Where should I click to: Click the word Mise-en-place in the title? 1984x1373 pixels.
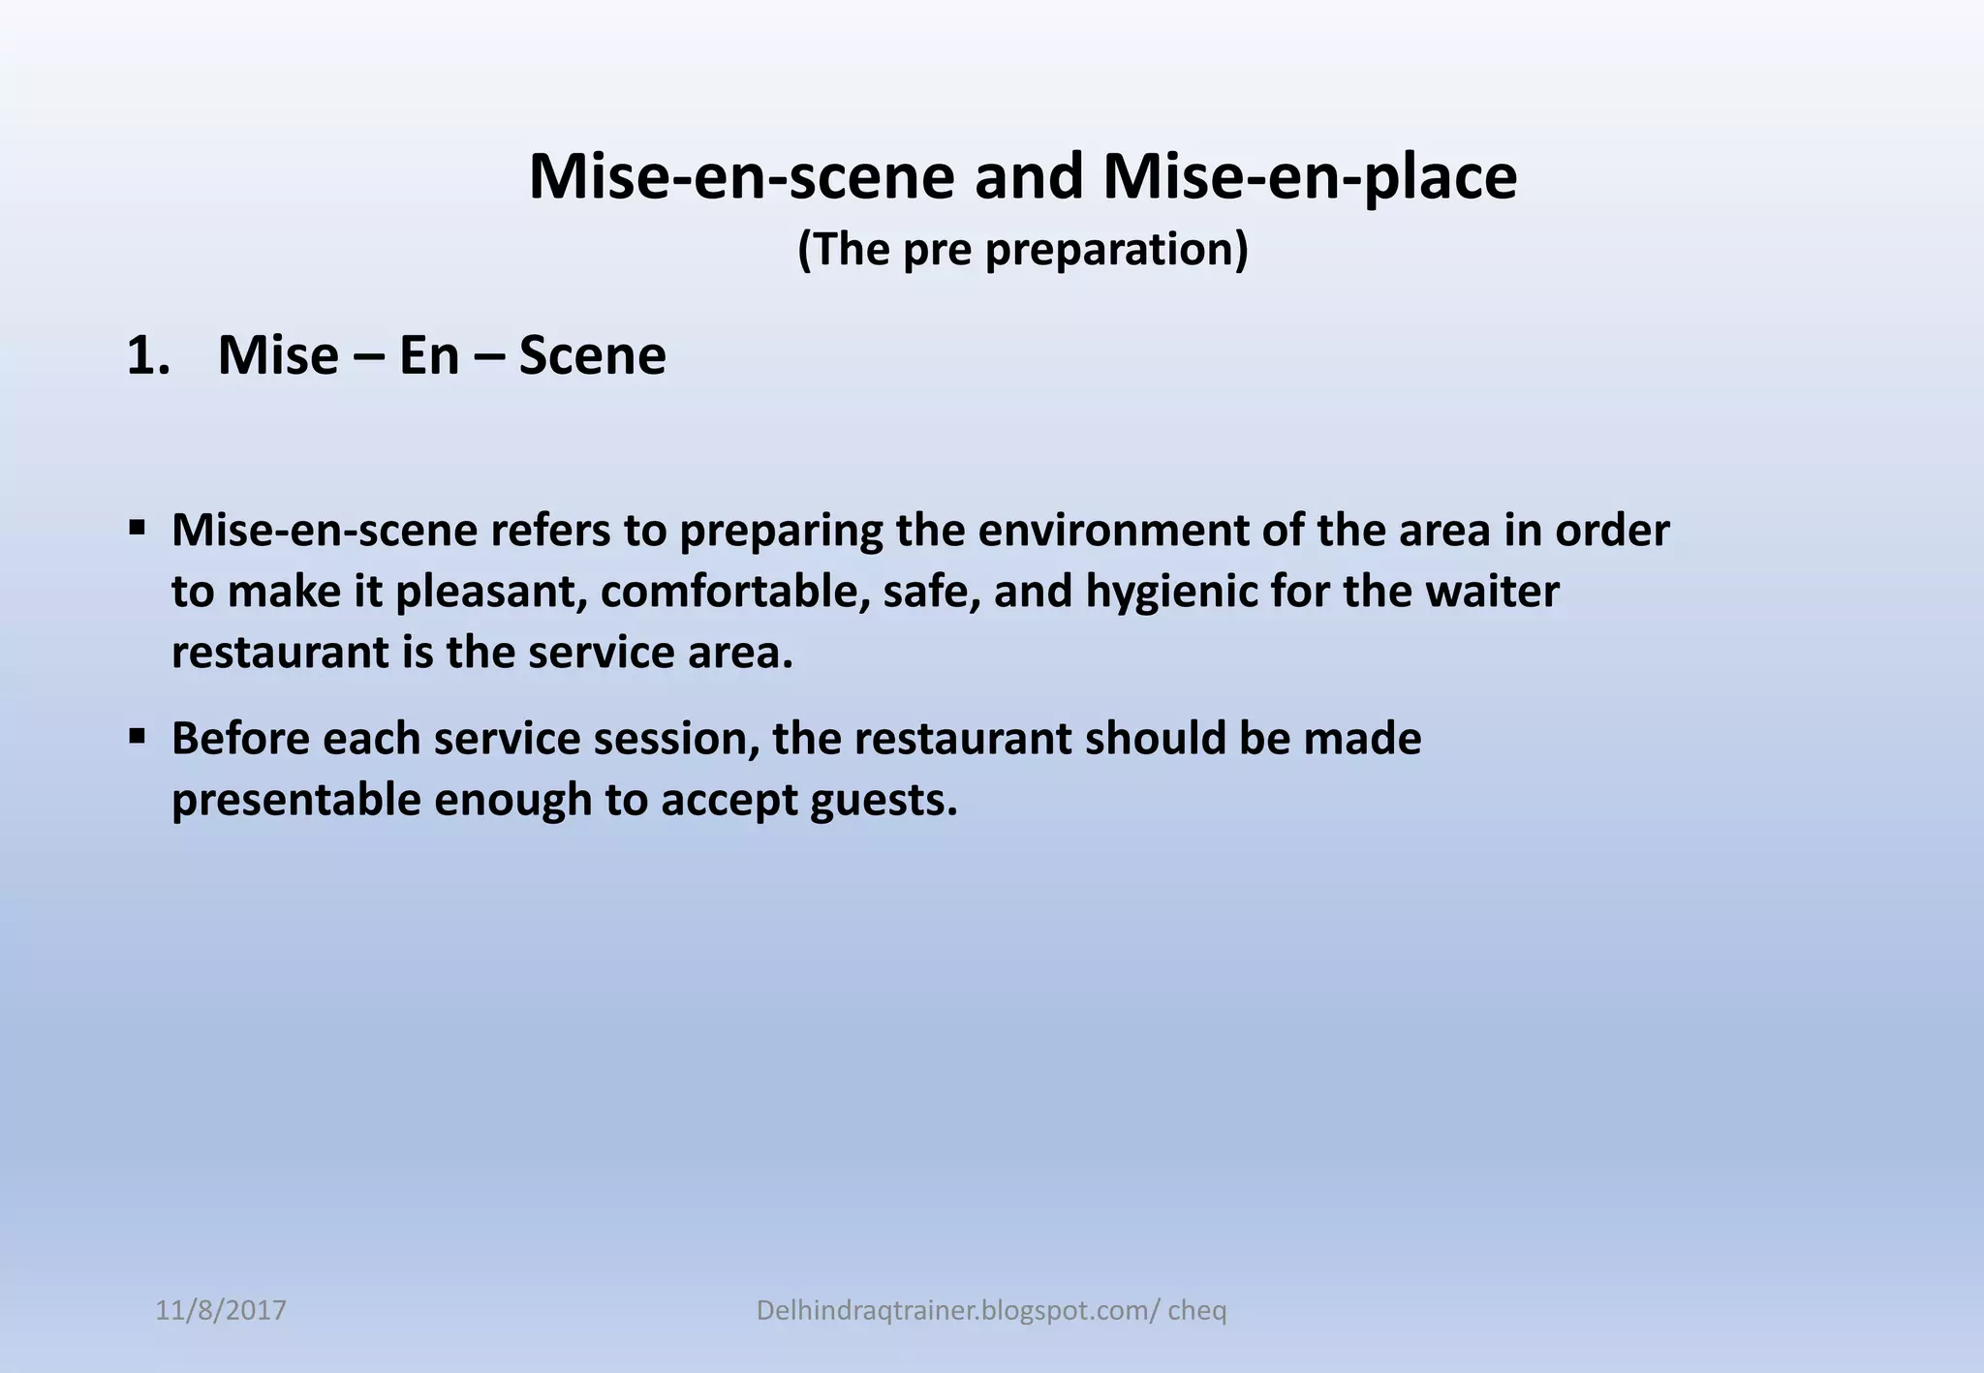coord(1309,177)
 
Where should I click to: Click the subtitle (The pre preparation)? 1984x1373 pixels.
coord(1023,249)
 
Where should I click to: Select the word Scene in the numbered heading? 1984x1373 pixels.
coord(592,355)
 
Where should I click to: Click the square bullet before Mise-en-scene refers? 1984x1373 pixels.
coord(137,529)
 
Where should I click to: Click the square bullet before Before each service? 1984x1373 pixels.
coord(137,737)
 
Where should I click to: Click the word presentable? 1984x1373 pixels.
coord(295,800)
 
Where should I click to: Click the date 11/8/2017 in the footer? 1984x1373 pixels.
coord(221,1311)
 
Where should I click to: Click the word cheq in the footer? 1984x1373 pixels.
coord(1197,1311)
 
